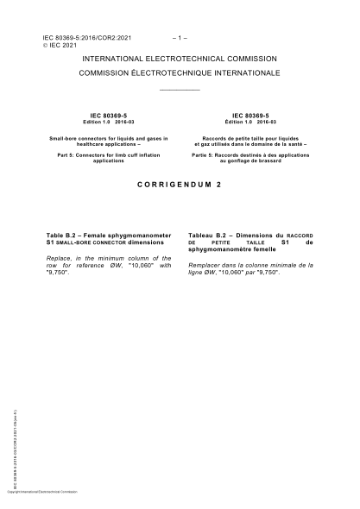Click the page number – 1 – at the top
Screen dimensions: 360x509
pos(180,39)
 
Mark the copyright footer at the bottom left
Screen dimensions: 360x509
pos(41,491)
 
